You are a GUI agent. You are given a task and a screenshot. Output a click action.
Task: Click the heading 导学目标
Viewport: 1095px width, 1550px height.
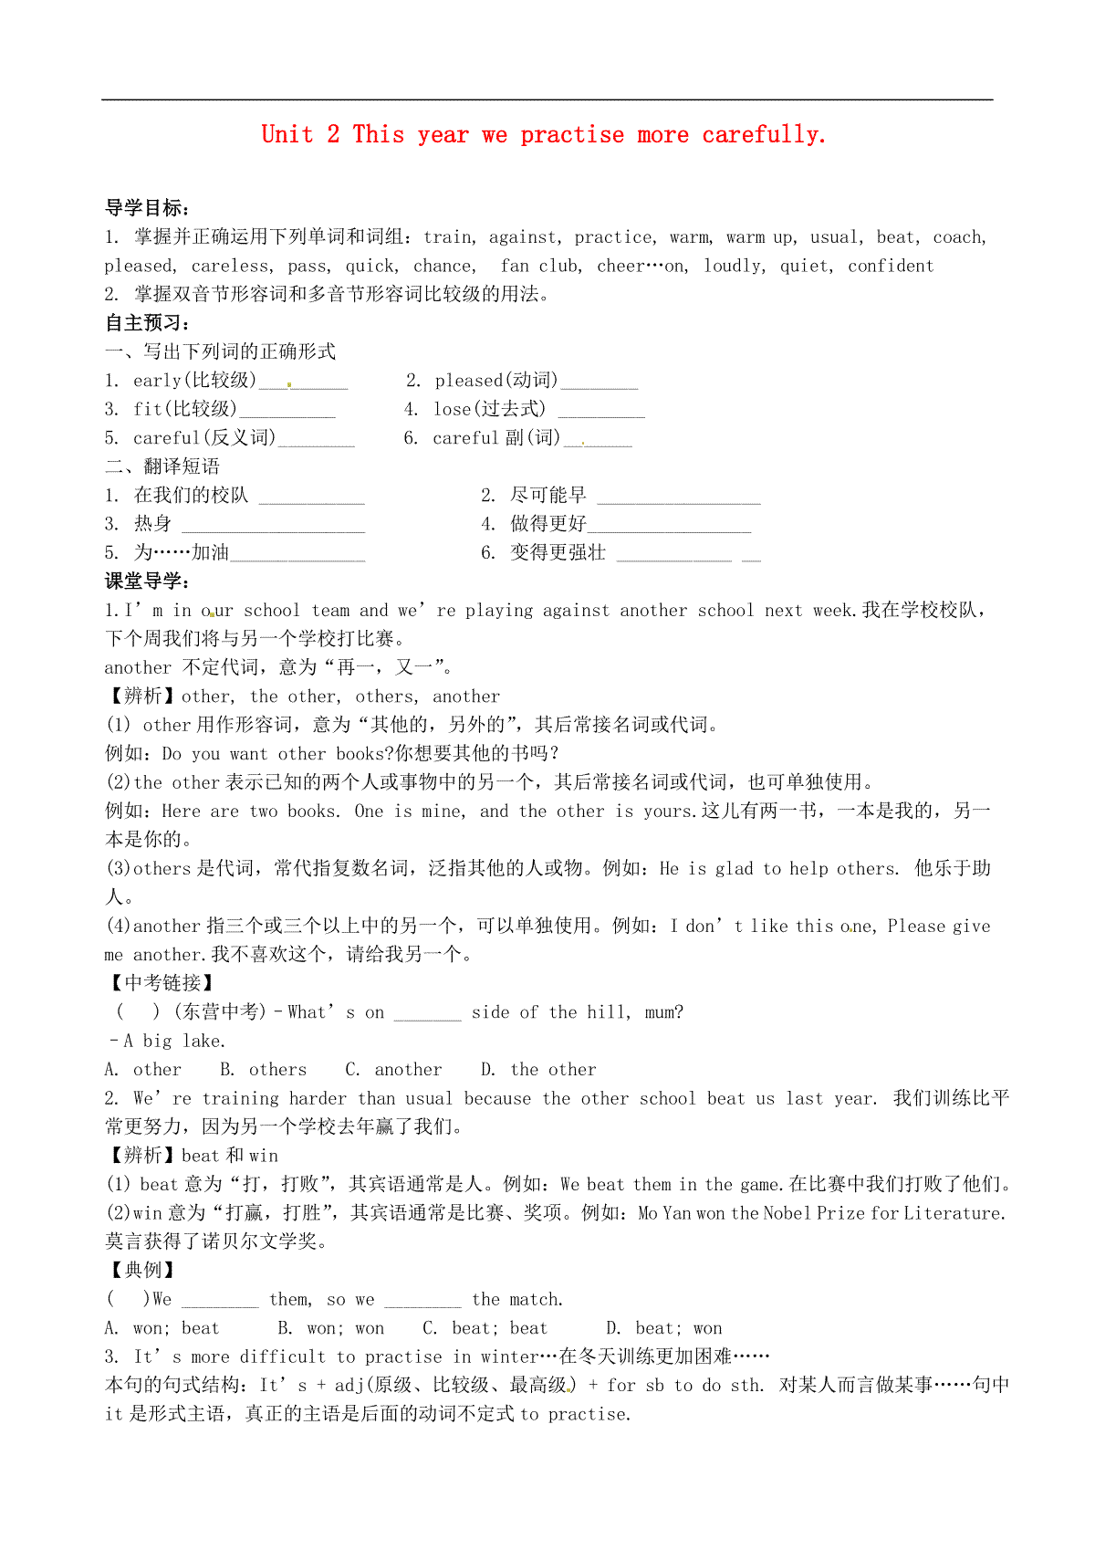coord(147,208)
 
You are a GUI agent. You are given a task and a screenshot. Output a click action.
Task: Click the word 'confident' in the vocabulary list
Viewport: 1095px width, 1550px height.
coord(891,267)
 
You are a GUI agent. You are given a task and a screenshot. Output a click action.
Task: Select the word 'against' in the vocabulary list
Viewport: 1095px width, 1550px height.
coord(522,237)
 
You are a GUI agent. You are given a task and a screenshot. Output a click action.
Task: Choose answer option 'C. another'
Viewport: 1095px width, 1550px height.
coord(393,1070)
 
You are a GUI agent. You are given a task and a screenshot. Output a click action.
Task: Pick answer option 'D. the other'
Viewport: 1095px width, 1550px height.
coord(538,1070)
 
